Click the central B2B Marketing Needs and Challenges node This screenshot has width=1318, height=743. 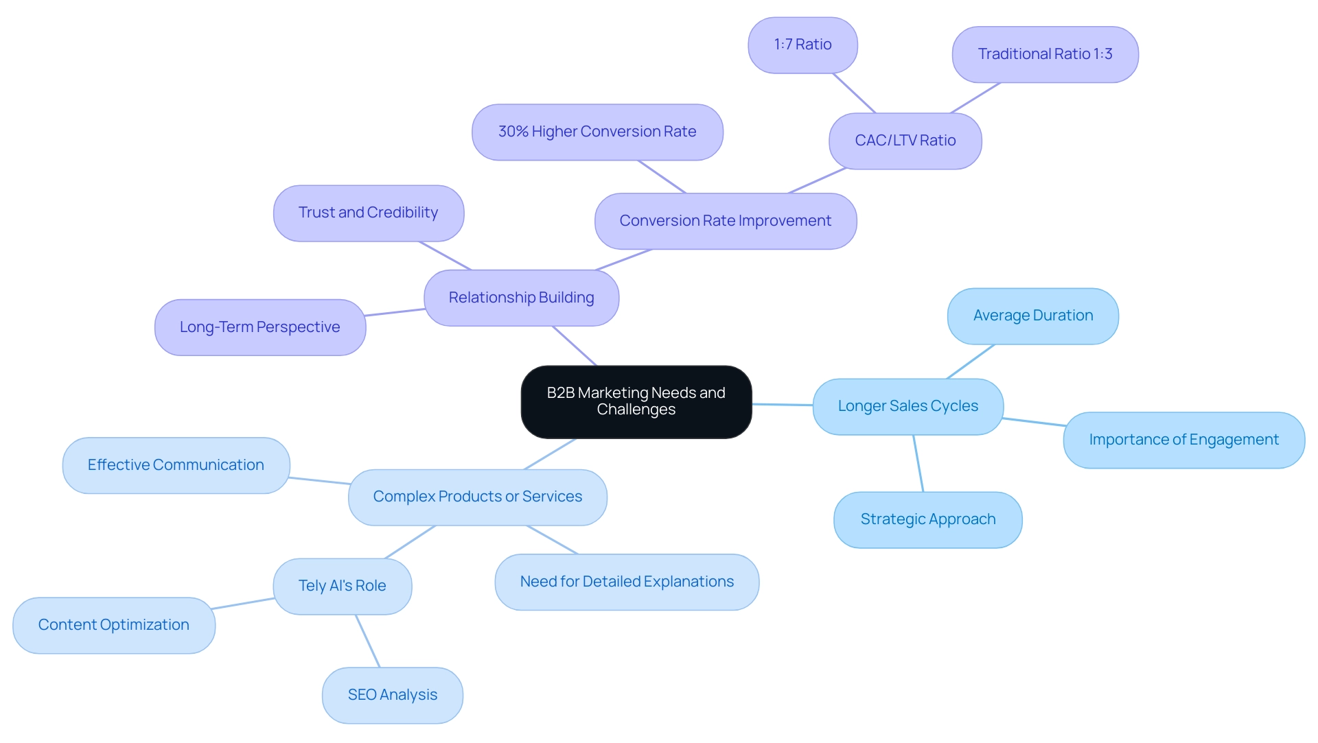pyautogui.click(x=636, y=401)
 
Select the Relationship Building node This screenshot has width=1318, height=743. pyautogui.click(x=521, y=298)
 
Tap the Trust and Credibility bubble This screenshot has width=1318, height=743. pyautogui.click(x=368, y=213)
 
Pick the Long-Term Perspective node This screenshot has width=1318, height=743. pyautogui.click(x=259, y=327)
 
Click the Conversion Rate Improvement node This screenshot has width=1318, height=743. pyautogui.click(x=725, y=221)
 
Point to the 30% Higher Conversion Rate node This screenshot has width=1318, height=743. pyautogui.click(x=597, y=132)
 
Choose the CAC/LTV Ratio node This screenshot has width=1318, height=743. pyautogui.click(x=905, y=141)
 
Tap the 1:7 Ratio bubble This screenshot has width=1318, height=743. pyautogui.click(x=802, y=45)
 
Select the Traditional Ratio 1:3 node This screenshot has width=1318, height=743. pyautogui.click(x=1045, y=54)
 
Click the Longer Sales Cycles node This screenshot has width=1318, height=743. pyautogui.click(x=907, y=406)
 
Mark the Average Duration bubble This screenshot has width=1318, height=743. pyautogui.click(x=1032, y=316)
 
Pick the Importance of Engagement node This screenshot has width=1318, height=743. pyautogui.click(x=1183, y=440)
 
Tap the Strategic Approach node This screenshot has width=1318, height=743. pyautogui.click(x=927, y=519)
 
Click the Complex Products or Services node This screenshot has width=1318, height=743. pyautogui.click(x=477, y=497)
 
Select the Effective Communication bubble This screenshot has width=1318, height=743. pyautogui.click(x=176, y=465)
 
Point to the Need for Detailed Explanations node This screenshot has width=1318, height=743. pyautogui.click(x=627, y=582)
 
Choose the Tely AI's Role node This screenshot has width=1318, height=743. pyautogui.click(x=342, y=586)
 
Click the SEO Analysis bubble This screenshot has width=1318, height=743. pyautogui.click(x=392, y=695)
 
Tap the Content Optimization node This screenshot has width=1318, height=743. pyautogui.click(x=114, y=625)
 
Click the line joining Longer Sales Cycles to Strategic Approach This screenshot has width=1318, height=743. pyautogui.click(x=918, y=464)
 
